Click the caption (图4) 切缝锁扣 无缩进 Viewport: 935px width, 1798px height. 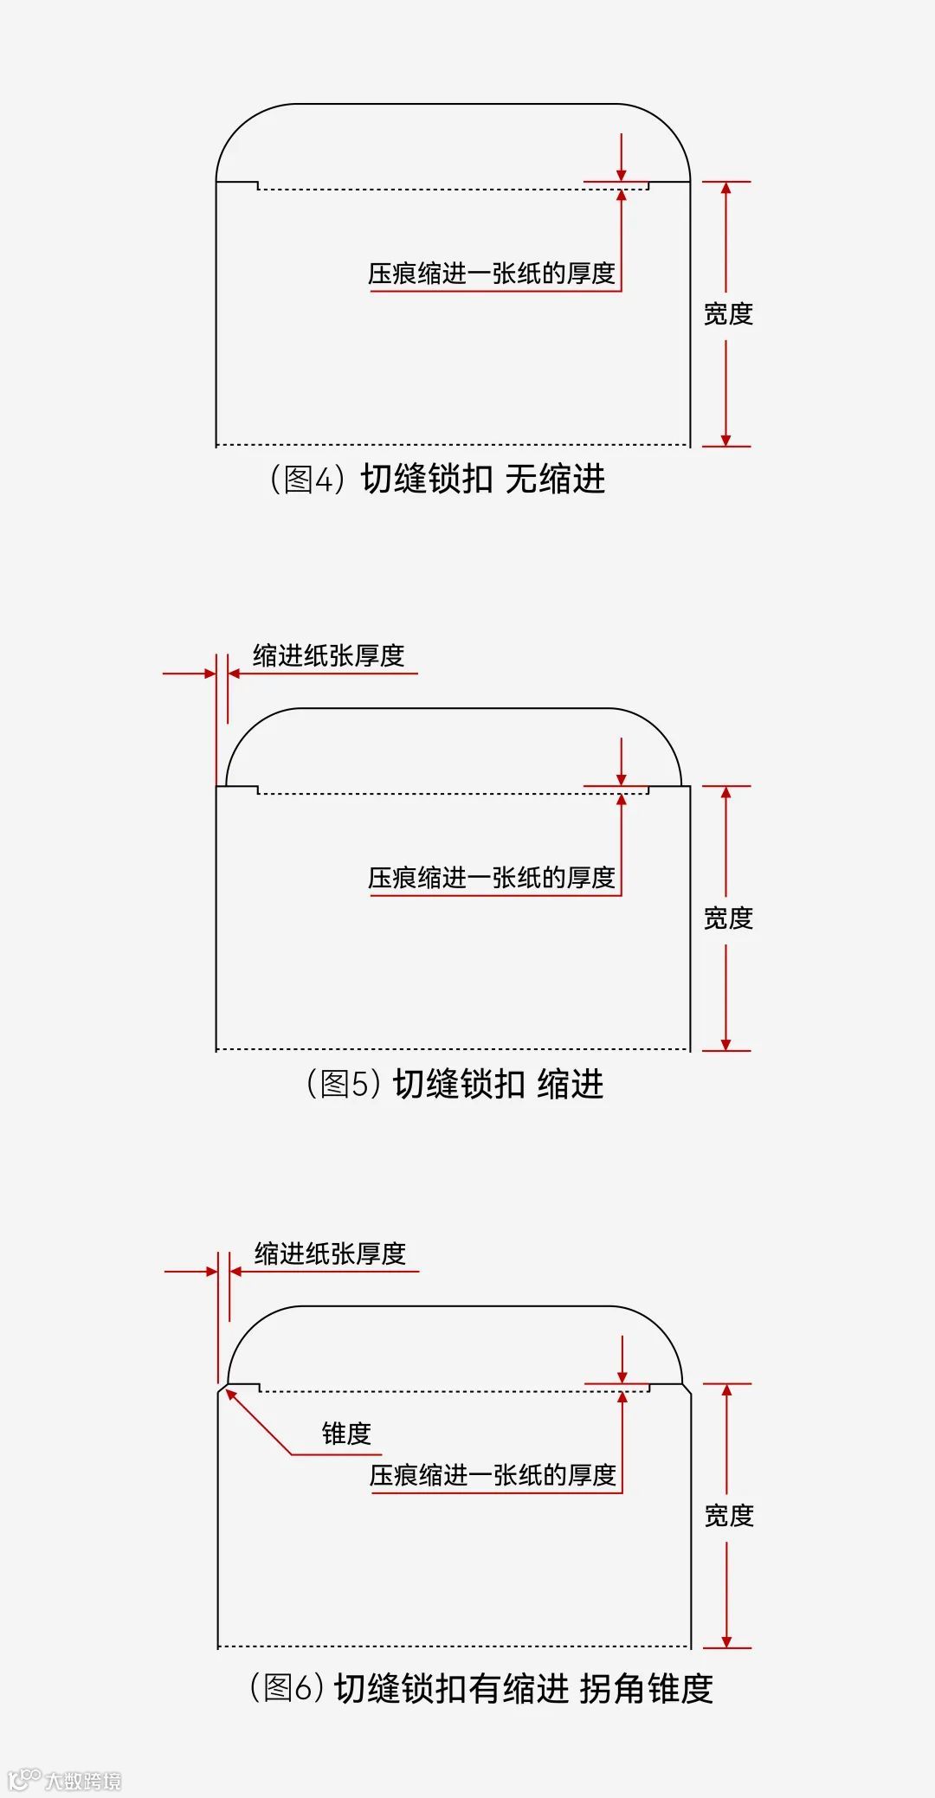438,479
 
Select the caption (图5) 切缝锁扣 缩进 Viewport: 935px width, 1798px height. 455,1083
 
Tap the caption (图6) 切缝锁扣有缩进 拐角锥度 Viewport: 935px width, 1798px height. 481,1687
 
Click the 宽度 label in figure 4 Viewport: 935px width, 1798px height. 728,313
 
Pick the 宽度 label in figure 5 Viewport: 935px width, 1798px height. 728,918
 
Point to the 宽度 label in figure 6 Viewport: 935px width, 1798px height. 729,1515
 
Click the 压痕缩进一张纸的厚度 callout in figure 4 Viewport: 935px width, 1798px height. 492,274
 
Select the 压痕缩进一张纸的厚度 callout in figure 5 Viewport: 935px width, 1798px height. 492,878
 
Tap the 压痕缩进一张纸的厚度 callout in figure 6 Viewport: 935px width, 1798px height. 493,1474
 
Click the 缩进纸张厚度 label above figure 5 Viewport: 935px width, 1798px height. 329,655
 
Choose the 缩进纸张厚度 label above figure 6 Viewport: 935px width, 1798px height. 330,1253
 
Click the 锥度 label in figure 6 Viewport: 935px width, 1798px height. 346,1434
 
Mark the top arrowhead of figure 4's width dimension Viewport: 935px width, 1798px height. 725,188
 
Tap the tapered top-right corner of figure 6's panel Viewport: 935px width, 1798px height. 687,1389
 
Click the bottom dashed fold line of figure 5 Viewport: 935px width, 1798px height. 452,1049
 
